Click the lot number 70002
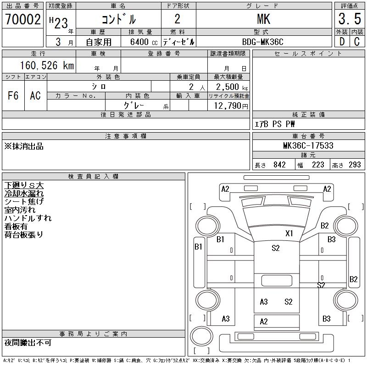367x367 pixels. point(23,19)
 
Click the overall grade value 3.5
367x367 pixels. point(350,19)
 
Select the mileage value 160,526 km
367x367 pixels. point(47,65)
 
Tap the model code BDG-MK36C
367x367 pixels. point(262,42)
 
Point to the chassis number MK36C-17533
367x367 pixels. point(308,145)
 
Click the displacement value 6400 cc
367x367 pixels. point(144,42)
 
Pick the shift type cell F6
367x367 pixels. point(13,95)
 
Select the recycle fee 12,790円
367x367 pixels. point(231,106)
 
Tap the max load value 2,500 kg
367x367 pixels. point(232,87)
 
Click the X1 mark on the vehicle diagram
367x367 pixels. point(289,233)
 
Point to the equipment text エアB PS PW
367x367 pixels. point(274,124)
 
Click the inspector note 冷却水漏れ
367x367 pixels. point(24,194)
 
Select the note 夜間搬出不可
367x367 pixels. point(28,343)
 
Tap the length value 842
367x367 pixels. point(279,165)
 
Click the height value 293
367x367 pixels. point(355,165)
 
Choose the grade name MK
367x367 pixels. point(263,19)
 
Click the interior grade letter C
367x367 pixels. point(357,42)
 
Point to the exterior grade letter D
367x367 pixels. point(342,42)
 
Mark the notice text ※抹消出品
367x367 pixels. point(24,146)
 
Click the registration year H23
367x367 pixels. point(59,22)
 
